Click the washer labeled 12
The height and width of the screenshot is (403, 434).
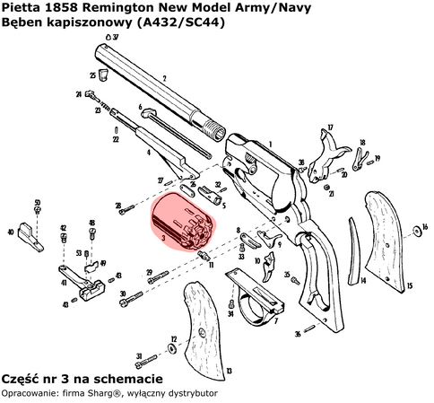click(x=172, y=348)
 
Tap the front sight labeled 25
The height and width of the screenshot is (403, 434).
click(x=104, y=75)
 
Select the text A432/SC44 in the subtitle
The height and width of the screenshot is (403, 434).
click(x=174, y=22)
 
